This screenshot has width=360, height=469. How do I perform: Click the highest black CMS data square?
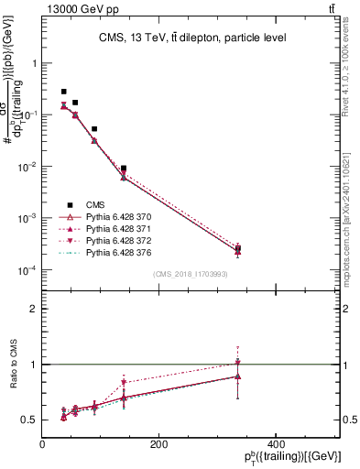(63, 92)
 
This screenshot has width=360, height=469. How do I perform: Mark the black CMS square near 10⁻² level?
(124, 169)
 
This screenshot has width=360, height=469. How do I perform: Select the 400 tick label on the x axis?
(274, 443)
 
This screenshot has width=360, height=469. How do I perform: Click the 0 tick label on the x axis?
(42, 443)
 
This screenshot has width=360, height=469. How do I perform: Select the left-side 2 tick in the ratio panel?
(32, 309)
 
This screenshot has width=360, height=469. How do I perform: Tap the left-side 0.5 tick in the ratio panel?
(29, 420)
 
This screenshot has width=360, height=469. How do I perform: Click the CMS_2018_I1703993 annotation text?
(191, 274)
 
